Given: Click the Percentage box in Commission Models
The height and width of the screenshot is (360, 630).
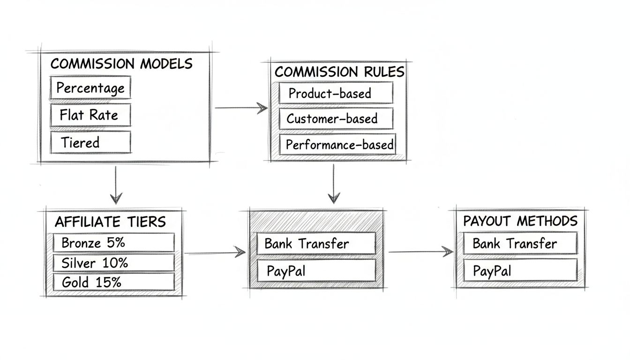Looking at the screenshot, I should click(90, 88).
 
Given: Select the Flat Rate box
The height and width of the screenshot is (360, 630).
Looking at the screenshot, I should click(90, 115).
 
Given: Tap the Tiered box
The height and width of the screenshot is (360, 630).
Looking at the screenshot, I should click(90, 142).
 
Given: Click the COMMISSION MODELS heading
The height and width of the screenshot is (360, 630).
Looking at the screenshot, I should click(121, 64).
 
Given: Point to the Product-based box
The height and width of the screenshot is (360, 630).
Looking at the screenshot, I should click(335, 93).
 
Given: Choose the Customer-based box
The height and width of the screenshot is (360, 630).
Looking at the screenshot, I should click(335, 119).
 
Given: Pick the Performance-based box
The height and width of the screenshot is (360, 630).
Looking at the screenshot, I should click(337, 144).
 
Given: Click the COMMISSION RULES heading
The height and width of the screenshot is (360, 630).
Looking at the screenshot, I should click(339, 72).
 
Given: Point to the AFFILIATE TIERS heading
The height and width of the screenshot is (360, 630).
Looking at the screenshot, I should click(110, 222).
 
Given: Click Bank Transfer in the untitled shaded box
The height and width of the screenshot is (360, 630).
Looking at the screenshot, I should click(316, 244).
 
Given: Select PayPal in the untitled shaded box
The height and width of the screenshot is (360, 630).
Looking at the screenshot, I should click(316, 270).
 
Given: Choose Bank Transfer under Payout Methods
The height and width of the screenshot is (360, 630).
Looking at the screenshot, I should click(519, 244).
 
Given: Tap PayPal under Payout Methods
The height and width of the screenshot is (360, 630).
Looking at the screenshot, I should click(519, 270).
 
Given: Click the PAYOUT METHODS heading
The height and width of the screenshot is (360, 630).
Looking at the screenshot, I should click(520, 221).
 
